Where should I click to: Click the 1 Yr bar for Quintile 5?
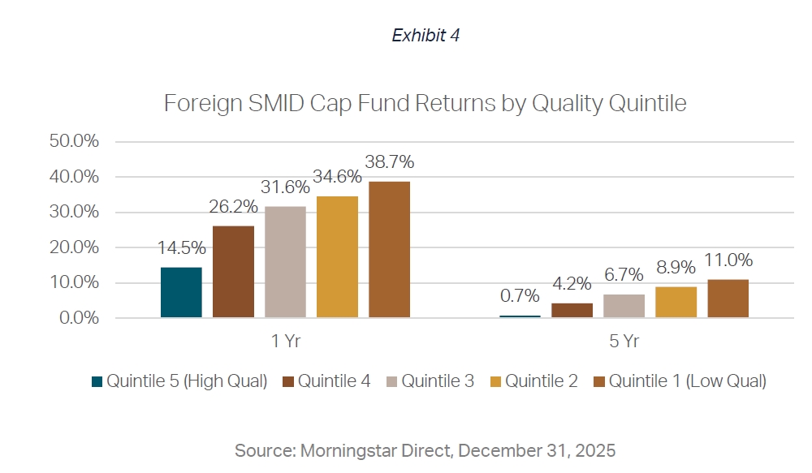[x=181, y=292]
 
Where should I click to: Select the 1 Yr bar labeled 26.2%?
[x=233, y=272]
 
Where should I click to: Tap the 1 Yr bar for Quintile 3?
[x=285, y=262]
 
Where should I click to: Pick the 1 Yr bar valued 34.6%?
[x=337, y=257]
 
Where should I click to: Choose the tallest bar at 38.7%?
[x=389, y=250]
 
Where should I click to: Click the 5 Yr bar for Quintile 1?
[x=728, y=299]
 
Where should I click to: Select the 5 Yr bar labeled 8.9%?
[x=676, y=302]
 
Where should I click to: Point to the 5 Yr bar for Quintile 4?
[x=572, y=310]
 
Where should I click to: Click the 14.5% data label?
[x=181, y=248]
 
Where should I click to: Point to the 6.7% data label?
[x=624, y=275]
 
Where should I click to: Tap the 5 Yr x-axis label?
[x=624, y=342]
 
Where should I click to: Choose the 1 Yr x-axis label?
[x=285, y=342]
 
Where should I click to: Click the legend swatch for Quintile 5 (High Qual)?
[x=97, y=381]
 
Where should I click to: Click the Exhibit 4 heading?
[x=425, y=36]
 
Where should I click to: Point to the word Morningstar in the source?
[x=341, y=449]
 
